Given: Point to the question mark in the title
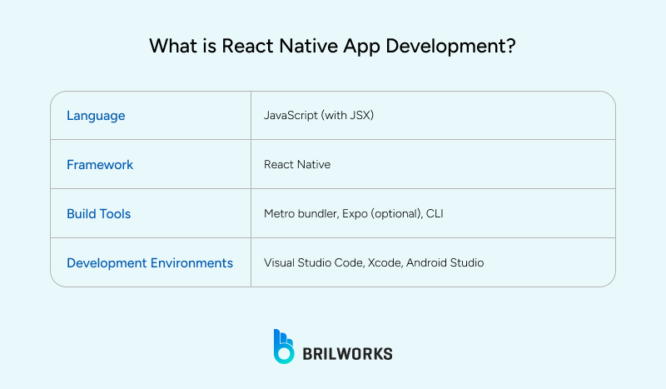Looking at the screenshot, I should point(510,47).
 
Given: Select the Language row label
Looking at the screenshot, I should point(96,116).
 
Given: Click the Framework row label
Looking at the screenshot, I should point(100,165).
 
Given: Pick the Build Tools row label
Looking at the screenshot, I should point(98,214).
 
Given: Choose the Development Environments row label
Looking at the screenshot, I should point(150,262).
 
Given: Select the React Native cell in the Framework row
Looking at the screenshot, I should point(297,165).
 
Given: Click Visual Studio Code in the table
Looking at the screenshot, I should point(313,262).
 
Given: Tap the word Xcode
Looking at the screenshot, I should point(385,262).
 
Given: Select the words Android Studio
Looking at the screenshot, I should point(445,262).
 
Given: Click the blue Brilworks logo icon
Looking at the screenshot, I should point(284,347).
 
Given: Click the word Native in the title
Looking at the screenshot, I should point(306,47).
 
